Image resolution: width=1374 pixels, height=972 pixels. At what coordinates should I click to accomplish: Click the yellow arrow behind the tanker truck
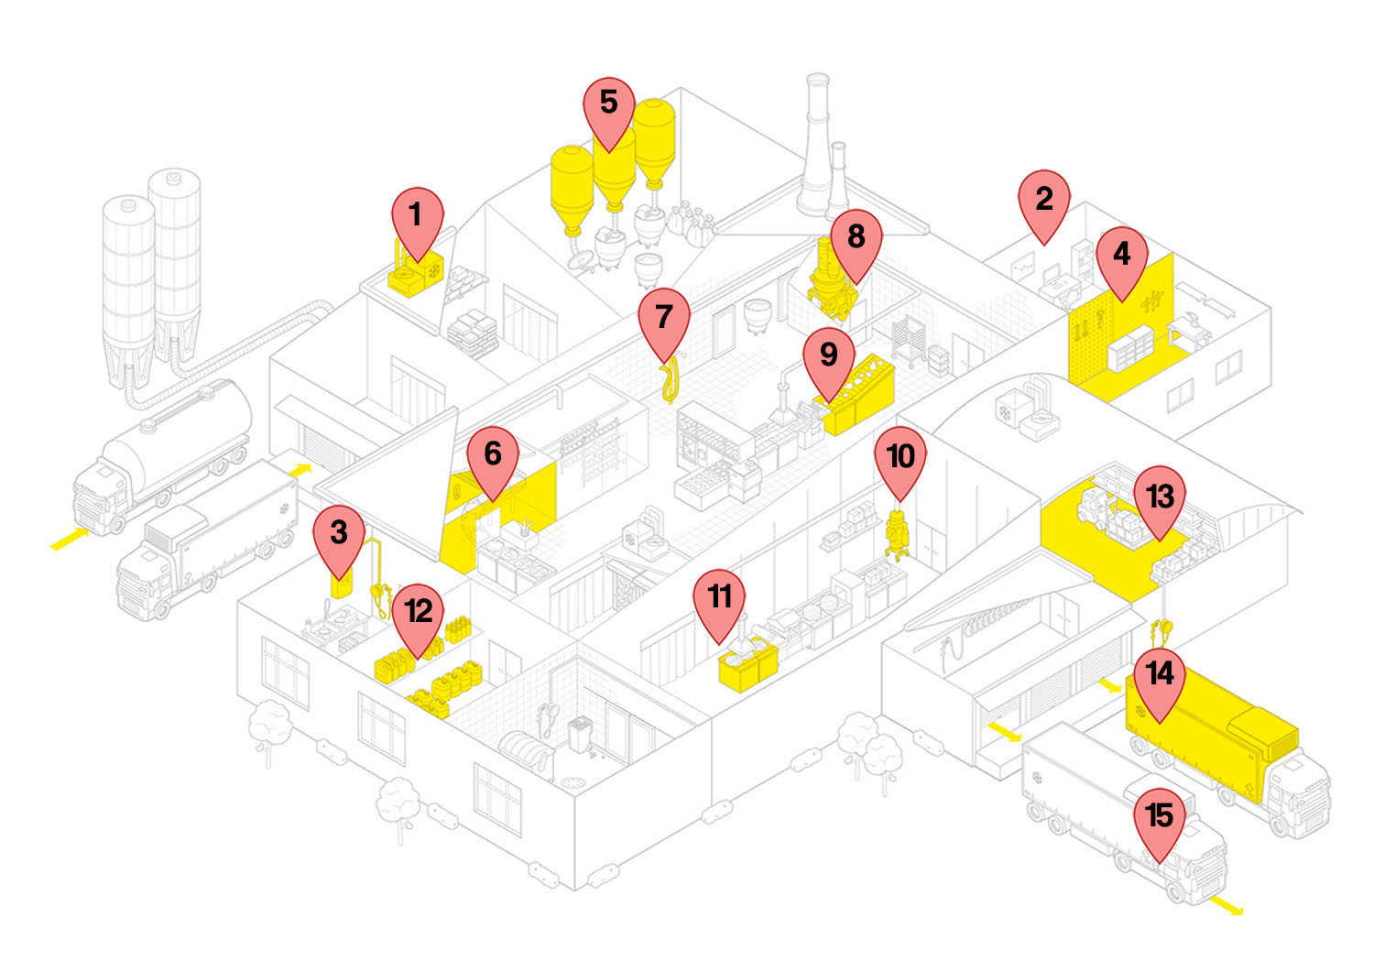click(71, 540)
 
